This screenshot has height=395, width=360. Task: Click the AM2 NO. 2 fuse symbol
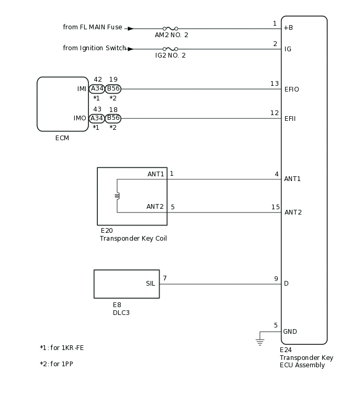point(170,29)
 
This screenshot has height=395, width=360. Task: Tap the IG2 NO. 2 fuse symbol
point(170,49)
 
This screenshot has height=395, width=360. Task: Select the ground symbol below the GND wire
point(260,342)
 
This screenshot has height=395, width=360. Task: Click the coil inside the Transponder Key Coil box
point(117,196)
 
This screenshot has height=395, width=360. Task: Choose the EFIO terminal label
point(291,89)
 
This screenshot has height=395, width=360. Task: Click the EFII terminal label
point(290,119)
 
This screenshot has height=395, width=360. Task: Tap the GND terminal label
point(290,331)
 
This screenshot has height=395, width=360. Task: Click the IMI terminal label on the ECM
point(82,89)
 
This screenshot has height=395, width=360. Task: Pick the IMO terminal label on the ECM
point(80,118)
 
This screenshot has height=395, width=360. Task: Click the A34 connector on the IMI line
point(97,89)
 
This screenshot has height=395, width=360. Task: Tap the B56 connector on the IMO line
point(113,118)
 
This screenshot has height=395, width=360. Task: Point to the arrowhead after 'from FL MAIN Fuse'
point(130,29)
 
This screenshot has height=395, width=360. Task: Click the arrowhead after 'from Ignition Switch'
point(130,49)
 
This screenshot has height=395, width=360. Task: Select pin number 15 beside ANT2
point(275,207)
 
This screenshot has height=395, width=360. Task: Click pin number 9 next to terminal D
point(276,279)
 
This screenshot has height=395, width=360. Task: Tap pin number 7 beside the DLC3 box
point(165,278)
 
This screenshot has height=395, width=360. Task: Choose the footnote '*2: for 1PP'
point(57,364)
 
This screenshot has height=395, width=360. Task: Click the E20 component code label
point(106,230)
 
